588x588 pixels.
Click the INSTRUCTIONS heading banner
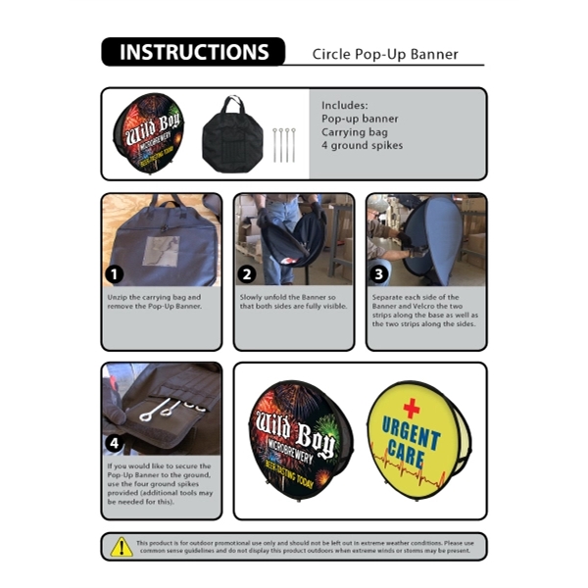(x=193, y=52)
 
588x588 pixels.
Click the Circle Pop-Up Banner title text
(x=385, y=55)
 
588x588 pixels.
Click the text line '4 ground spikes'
(x=362, y=146)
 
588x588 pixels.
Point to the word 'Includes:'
(x=344, y=104)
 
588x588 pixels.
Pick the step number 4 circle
(x=116, y=443)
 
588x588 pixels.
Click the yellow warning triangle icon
(x=121, y=546)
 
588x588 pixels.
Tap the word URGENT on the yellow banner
(x=411, y=432)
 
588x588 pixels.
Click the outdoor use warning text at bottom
(x=305, y=546)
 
